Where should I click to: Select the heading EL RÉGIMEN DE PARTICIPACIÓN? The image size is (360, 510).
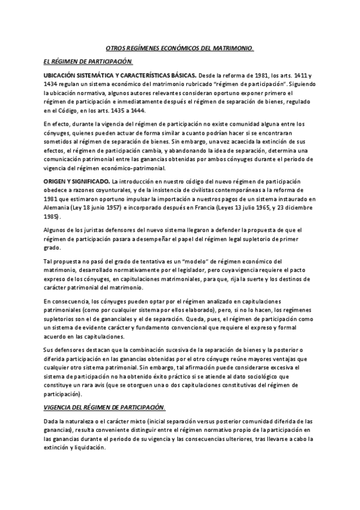click(88, 62)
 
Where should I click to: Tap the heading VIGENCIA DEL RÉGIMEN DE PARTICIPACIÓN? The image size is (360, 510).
click(104, 408)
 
